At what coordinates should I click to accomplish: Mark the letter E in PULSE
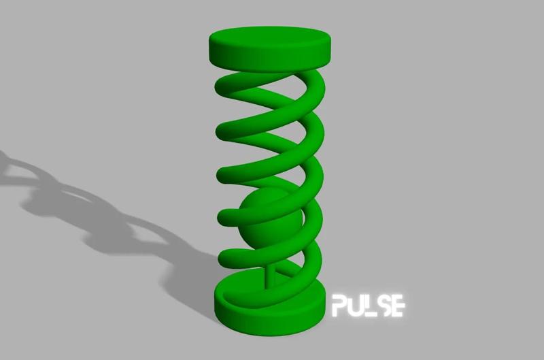[x=399, y=306]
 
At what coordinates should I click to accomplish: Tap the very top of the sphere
[x=267, y=191]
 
